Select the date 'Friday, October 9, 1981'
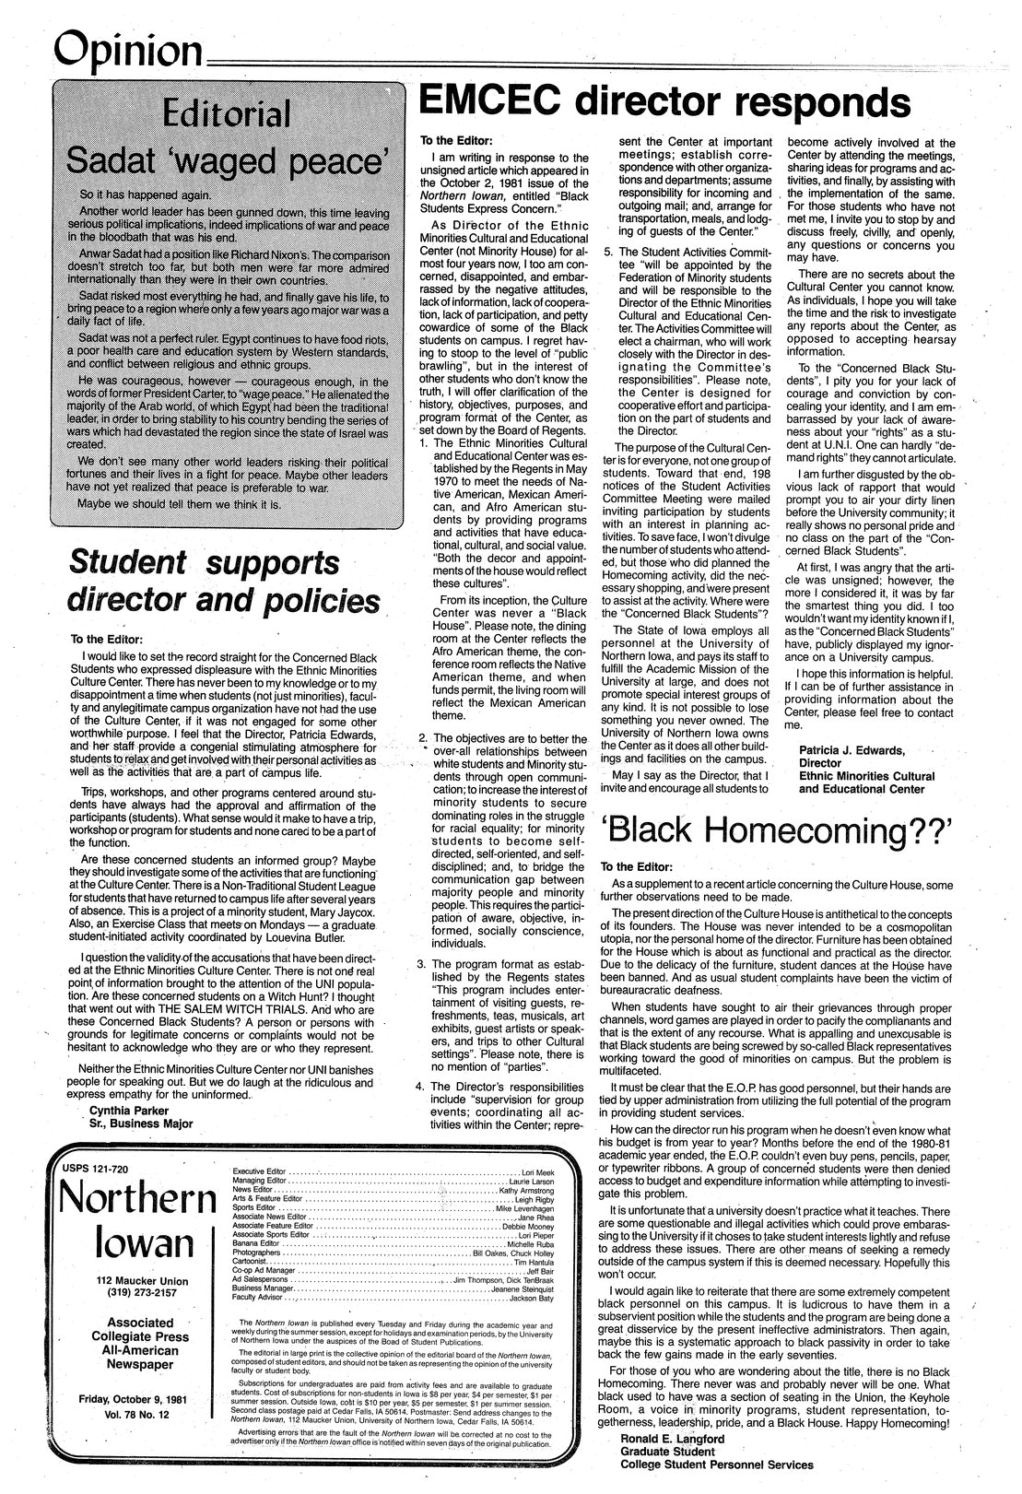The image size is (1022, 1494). tap(135, 1400)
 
